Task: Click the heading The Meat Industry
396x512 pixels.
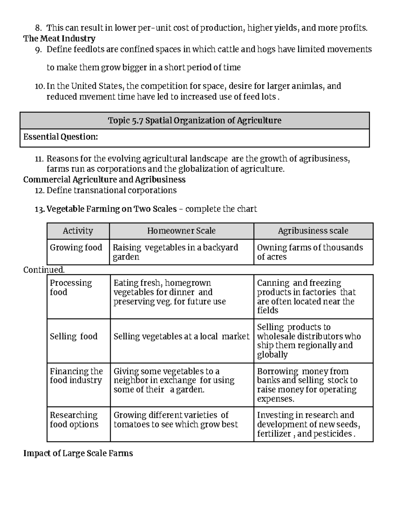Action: pos(59,39)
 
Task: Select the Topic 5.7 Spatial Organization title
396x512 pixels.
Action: pos(195,121)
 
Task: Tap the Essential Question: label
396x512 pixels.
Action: pos(60,137)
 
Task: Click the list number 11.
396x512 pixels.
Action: pos(39,159)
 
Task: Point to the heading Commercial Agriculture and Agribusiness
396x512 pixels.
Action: pos(104,180)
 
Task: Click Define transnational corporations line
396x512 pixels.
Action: pos(112,191)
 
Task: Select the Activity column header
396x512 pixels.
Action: pos(78,231)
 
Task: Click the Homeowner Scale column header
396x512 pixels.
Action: pos(181,231)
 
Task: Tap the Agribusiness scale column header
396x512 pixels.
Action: pos(313,231)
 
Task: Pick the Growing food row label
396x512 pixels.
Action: pos(76,248)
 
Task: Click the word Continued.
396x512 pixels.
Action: pos(44,270)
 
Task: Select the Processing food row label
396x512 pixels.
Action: pos(71,287)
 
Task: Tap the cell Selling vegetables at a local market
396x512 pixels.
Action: pos(181,337)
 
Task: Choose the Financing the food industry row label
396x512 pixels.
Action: pos(76,376)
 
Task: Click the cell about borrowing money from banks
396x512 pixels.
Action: pos(307,385)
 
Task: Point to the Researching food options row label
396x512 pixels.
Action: pos(74,420)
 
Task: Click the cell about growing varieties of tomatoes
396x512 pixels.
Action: pos(176,420)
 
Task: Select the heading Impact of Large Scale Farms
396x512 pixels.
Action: pos(78,454)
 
